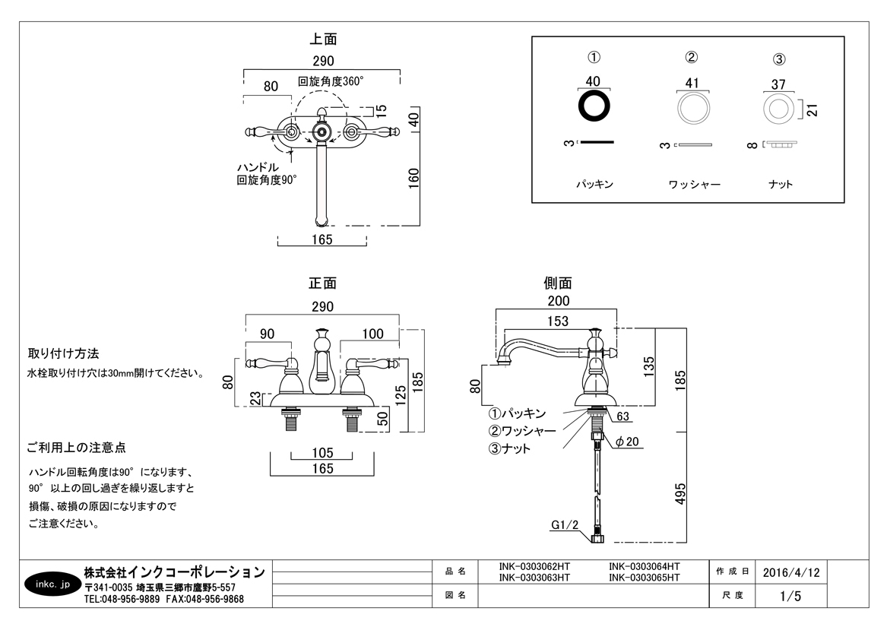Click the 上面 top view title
323,39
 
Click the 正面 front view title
322,283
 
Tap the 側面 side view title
558,283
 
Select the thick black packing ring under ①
594,106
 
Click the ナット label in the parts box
780,184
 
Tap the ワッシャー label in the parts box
694,184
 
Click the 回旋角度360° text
331,81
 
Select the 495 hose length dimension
680,493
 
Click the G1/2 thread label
565,524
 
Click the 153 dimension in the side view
559,321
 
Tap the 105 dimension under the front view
323,453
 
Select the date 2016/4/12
790,572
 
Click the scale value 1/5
790,596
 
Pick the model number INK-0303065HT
645,578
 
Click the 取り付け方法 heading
64,354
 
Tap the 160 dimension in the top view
414,178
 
